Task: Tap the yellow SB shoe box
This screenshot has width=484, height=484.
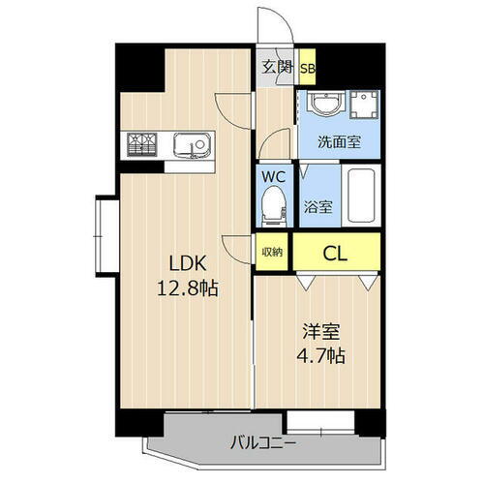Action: [307, 68]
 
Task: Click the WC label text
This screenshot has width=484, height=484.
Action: [271, 178]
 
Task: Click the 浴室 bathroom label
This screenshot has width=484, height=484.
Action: [318, 206]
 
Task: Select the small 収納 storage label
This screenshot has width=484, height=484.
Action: [272, 253]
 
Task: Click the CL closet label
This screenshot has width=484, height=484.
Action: [336, 254]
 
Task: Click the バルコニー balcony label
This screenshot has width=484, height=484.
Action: [263, 444]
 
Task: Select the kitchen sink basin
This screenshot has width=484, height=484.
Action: [191, 145]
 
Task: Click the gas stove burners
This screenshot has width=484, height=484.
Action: [142, 145]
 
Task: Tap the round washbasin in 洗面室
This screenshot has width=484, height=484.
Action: [321, 106]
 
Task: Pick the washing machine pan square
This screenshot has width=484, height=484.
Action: [365, 108]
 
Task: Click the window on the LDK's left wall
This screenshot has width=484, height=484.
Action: [102, 231]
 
